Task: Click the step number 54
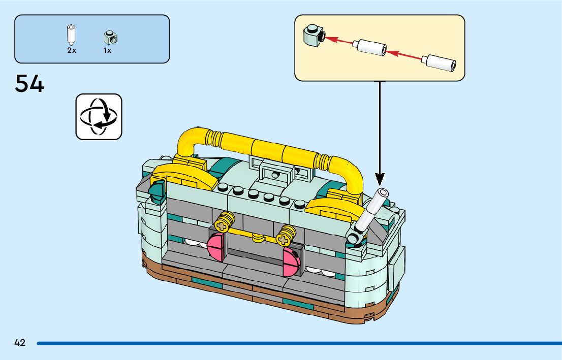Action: pos(29,84)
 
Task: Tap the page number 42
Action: pos(20,343)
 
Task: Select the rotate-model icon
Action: pos(99,116)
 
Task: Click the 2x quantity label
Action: pos(71,51)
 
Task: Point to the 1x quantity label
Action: pos(107,51)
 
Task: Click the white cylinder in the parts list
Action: pos(71,35)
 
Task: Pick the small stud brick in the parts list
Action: pos(110,37)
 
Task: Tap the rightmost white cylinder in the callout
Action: pos(440,62)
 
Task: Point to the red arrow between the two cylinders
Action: pos(403,54)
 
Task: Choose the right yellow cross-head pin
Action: pos(286,234)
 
